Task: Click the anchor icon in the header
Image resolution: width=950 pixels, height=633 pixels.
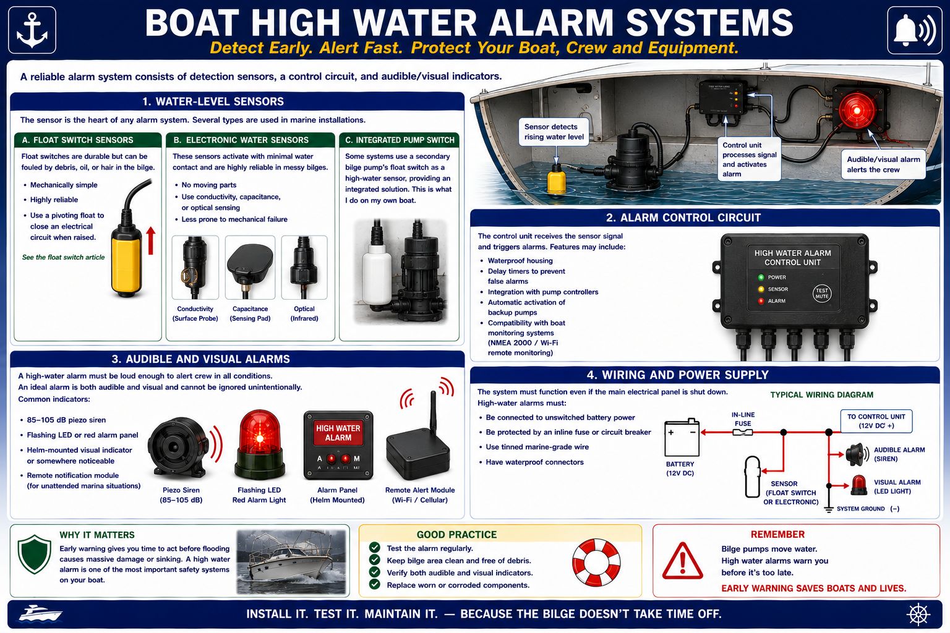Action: (32, 30)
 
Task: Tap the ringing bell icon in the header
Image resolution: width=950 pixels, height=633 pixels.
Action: (914, 30)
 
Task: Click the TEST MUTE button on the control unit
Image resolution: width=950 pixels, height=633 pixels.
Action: (821, 294)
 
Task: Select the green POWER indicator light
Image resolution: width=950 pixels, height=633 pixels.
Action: (761, 278)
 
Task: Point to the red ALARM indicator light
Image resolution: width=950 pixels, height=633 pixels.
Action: (761, 301)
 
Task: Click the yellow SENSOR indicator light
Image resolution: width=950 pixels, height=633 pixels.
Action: (761, 289)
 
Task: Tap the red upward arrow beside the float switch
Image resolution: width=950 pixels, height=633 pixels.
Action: (150, 240)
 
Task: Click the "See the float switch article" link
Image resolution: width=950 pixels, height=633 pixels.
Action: (63, 257)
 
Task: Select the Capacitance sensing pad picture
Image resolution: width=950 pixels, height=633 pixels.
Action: (250, 268)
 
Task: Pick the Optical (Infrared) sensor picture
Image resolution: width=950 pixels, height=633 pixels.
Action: (304, 268)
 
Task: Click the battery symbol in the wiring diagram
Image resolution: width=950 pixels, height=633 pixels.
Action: (682, 437)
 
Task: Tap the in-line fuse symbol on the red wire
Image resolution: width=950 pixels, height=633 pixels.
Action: (743, 433)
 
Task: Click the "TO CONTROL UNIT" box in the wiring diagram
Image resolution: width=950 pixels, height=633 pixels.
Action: (876, 421)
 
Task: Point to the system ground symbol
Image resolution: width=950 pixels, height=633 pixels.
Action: (829, 509)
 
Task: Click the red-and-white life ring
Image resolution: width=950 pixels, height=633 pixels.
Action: (596, 562)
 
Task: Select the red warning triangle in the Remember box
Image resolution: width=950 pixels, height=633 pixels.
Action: (682, 561)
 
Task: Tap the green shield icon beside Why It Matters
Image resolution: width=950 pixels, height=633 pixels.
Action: (35, 554)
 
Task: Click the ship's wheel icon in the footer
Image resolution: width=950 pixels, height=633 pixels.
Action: (918, 614)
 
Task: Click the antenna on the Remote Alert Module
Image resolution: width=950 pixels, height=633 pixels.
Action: (434, 412)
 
